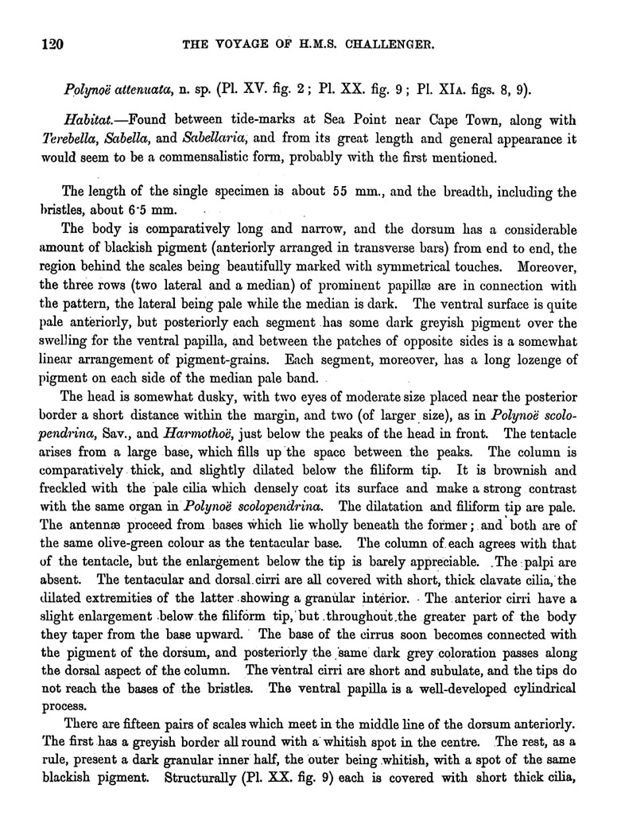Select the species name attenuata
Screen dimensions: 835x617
143,89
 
